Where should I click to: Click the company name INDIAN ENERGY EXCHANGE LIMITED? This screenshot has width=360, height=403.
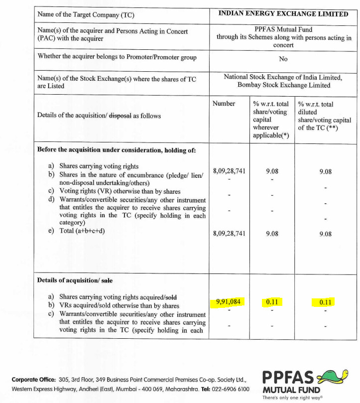[x=283, y=14]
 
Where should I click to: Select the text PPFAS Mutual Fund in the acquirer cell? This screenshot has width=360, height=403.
[x=283, y=29]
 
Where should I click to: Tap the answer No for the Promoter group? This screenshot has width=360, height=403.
[x=283, y=59]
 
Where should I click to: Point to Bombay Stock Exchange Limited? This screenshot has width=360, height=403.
[x=283, y=85]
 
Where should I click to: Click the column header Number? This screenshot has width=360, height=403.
[x=224, y=104]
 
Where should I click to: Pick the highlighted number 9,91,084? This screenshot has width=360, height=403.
[x=229, y=301]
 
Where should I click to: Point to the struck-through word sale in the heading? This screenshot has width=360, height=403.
[x=108, y=280]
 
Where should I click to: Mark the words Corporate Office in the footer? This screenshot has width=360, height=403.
[x=33, y=380]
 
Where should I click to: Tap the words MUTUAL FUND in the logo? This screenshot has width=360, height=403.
[x=291, y=389]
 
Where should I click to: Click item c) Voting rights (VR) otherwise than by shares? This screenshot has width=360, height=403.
[x=120, y=191]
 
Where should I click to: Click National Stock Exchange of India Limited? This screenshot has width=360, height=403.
[x=283, y=77]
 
